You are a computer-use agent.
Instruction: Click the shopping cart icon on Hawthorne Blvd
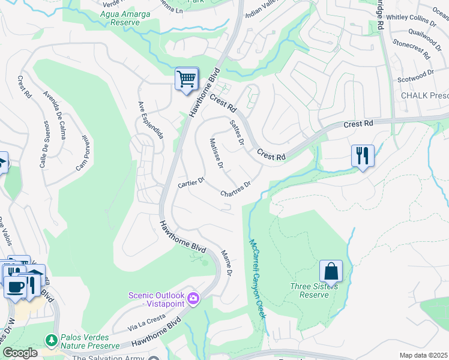tap(187, 79)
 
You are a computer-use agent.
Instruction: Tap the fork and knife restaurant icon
tap(363, 155)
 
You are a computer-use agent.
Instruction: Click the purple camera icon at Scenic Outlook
tap(193, 298)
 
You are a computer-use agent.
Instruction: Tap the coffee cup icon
tap(15, 286)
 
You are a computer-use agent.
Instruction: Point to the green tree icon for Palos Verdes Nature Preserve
tap(52, 341)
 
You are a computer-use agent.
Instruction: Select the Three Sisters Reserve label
tap(313, 290)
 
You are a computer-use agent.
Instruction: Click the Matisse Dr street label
tap(217, 153)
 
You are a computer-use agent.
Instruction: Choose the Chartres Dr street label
tap(235, 190)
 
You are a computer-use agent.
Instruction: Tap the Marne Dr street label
tap(226, 263)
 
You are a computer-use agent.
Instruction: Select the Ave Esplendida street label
tap(151, 118)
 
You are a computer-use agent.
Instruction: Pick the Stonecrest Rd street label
tap(412, 49)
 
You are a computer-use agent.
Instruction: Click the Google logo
tap(20, 353)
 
